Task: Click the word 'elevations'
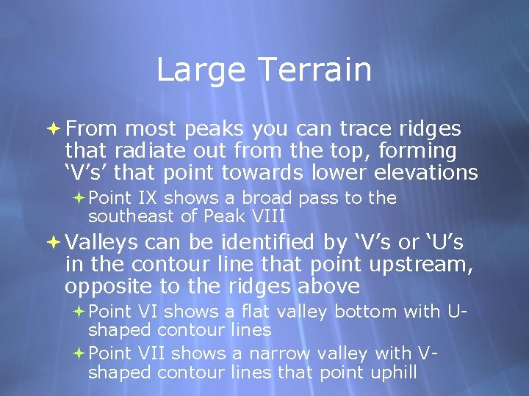(427, 173)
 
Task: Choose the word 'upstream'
(422, 264)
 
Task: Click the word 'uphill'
(392, 372)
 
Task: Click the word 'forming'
(427, 151)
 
